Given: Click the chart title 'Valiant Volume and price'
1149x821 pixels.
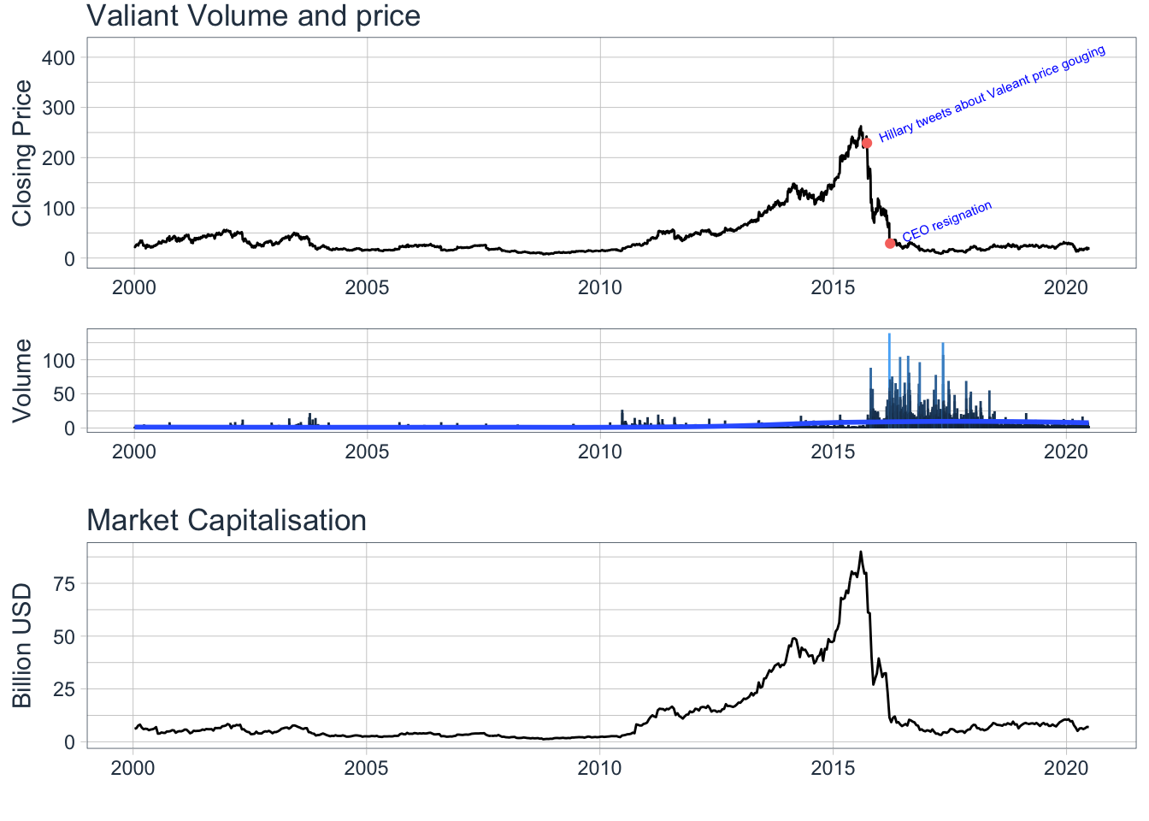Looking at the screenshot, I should coord(254,16).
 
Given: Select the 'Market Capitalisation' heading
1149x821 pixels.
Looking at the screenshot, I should coord(227,520).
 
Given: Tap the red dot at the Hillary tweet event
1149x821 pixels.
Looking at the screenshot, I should coord(867,143).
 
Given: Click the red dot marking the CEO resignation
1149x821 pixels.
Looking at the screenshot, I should coord(890,244).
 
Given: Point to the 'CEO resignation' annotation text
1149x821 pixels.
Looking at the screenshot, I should coord(947,221).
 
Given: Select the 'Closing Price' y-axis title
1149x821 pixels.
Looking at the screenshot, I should coord(22,153).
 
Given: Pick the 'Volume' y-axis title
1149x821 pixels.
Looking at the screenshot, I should coord(22,380).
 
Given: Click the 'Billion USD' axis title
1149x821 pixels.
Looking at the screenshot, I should coord(22,646).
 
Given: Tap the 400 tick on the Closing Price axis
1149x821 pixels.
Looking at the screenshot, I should coord(58,58).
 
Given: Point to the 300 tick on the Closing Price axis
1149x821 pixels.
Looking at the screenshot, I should coord(58,108).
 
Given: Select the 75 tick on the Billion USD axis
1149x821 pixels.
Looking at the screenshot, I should coord(65,584).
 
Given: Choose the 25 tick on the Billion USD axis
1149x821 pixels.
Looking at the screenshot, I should coord(65,689).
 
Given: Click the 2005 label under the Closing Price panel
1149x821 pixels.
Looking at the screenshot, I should coord(367,287).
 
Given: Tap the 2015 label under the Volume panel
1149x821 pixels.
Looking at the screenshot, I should coord(833,452).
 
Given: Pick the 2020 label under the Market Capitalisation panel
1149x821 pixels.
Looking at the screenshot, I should coord(1065,768).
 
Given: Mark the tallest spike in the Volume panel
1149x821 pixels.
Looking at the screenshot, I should coord(890,335).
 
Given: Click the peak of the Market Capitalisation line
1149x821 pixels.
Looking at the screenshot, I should coord(860,552).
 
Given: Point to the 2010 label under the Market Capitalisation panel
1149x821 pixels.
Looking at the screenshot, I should coord(599,768).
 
